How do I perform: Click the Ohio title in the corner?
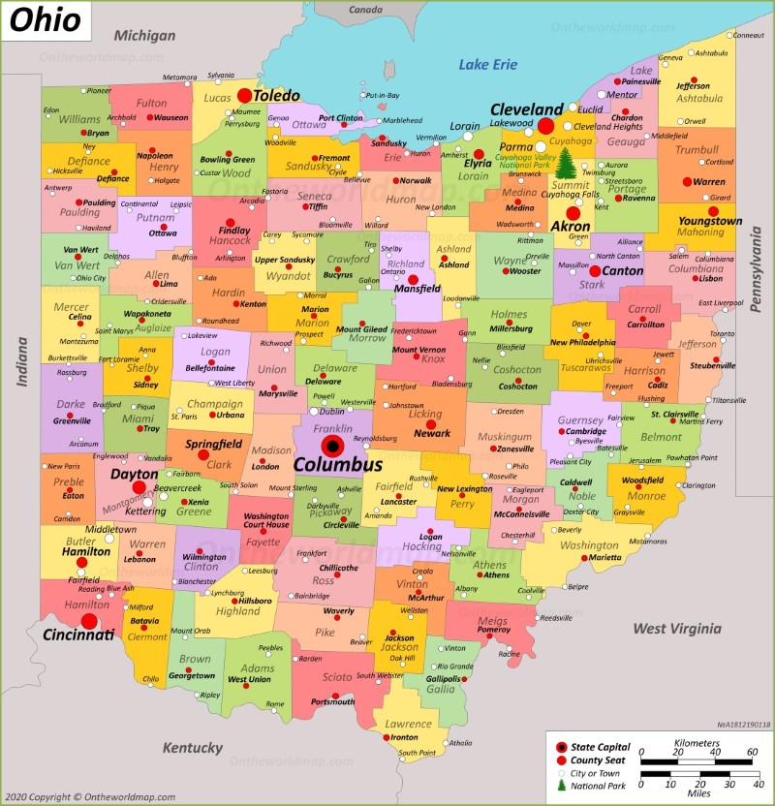[46, 20]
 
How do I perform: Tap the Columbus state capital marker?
[333, 446]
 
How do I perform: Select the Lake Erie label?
[488, 65]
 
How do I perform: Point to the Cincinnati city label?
[78, 635]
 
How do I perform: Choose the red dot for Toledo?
[244, 96]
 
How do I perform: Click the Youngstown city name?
[709, 221]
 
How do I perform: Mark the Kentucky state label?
[192, 748]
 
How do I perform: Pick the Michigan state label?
[144, 36]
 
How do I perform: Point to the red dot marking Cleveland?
[546, 126]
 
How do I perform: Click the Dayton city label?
[135, 475]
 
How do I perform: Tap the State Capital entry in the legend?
[601, 747]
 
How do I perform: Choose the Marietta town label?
[606, 558]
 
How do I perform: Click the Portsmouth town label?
[332, 701]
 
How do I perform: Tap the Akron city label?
[571, 227]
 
